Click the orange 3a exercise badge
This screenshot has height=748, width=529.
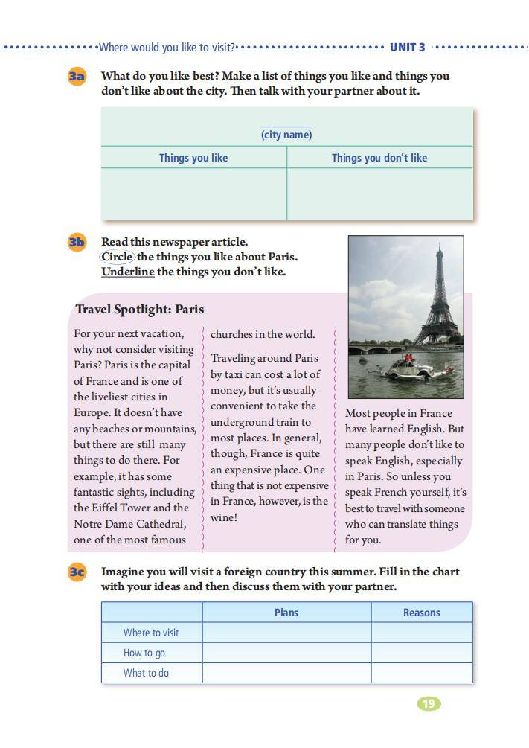(77, 76)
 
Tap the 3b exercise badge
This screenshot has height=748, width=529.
(77, 242)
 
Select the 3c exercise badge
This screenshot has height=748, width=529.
(77, 572)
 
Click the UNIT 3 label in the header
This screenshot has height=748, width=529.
(408, 47)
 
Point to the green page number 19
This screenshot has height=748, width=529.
(429, 703)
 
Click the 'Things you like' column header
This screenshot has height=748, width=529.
(193, 158)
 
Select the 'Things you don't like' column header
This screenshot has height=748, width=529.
(379, 158)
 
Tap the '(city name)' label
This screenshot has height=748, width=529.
(286, 135)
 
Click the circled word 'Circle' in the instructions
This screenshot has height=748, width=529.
(118, 257)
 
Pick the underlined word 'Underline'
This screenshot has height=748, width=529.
(128, 272)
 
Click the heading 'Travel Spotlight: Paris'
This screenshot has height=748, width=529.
(139, 310)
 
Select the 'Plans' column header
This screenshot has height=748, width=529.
(286, 613)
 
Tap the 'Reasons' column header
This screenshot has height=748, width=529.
(422, 613)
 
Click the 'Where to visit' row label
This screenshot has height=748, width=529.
(151, 633)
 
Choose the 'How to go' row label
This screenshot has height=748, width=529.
(144, 653)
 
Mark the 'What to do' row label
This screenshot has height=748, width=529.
(146, 673)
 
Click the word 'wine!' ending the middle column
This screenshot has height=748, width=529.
(224, 517)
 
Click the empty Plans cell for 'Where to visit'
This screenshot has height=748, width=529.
(286, 633)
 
